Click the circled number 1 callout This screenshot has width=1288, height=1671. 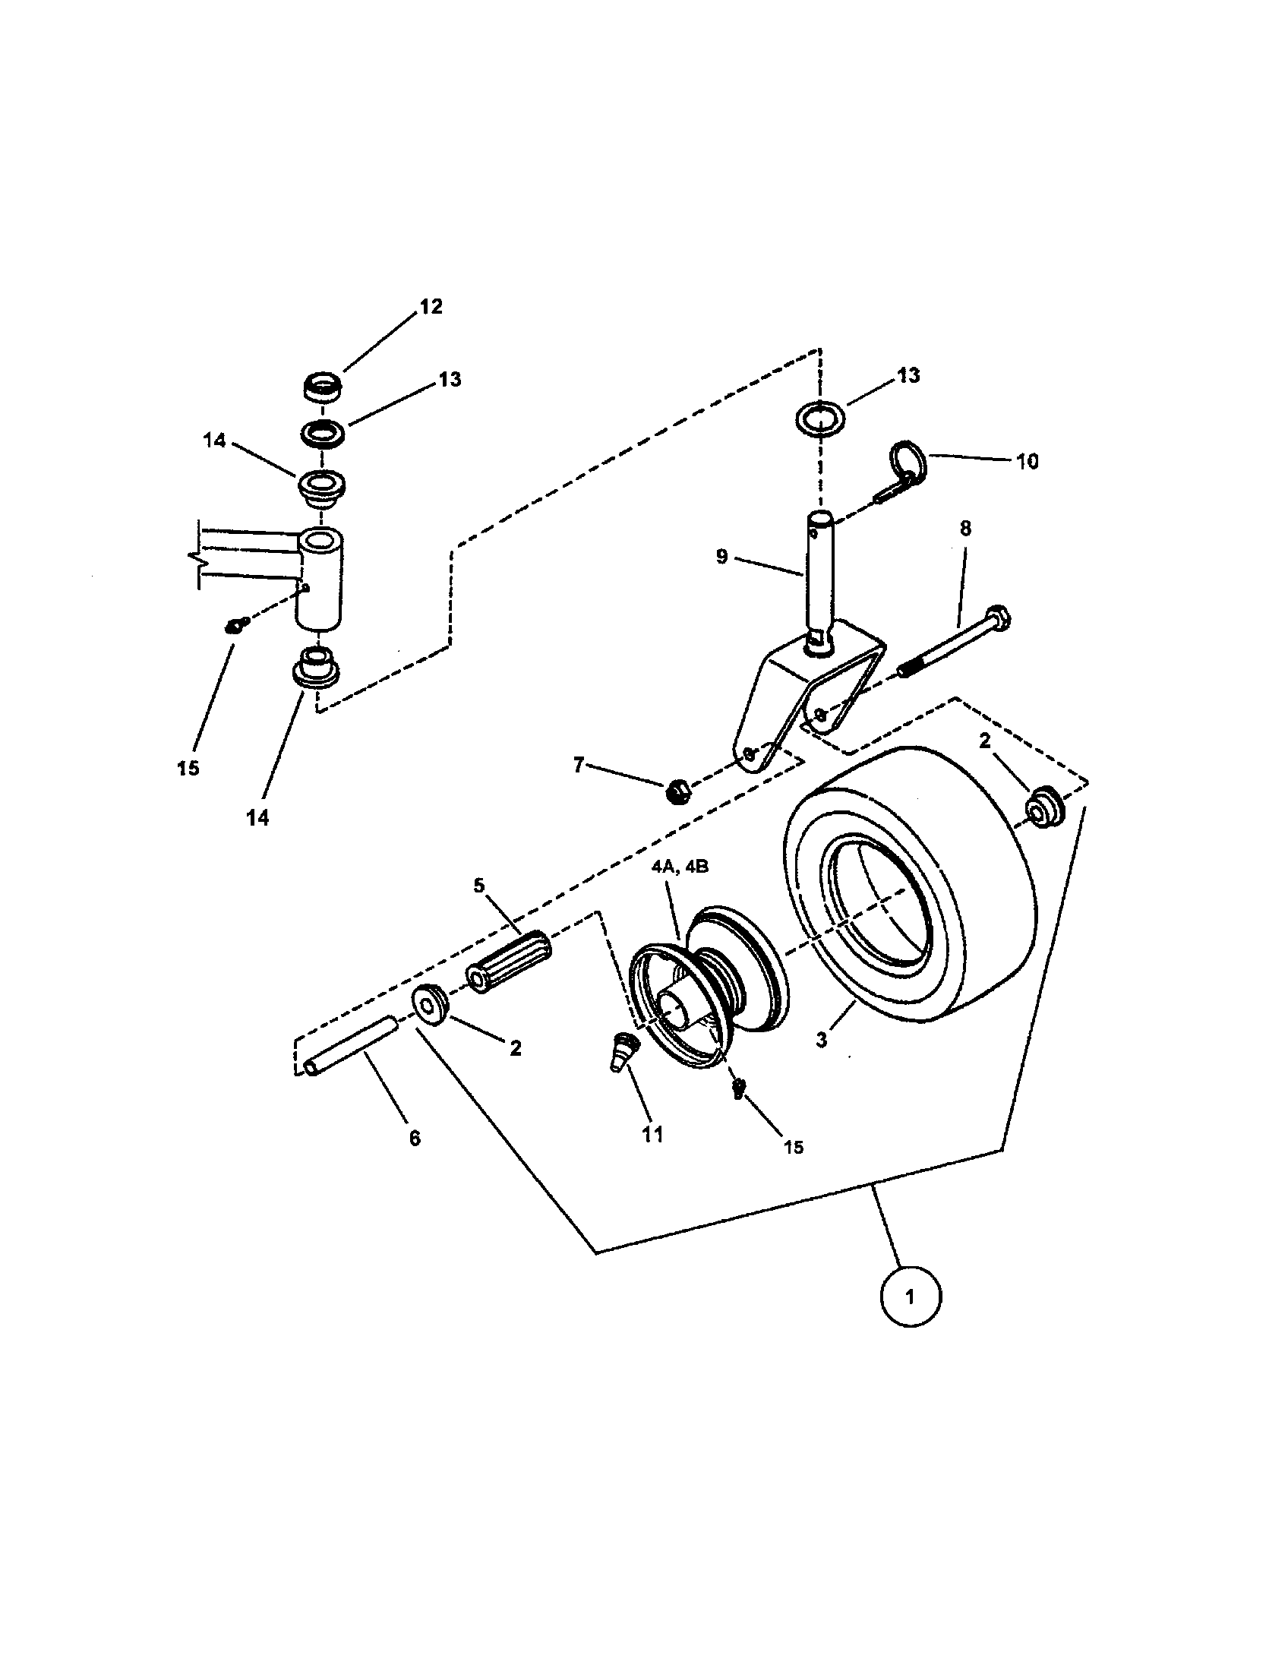click(909, 1296)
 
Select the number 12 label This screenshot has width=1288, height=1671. click(431, 307)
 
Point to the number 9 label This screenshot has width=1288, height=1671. click(722, 557)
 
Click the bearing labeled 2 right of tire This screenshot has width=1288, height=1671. click(1045, 808)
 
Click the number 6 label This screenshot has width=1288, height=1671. click(415, 1139)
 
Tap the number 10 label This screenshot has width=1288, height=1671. click(1028, 461)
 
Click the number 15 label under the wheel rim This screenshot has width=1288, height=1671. click(794, 1146)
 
